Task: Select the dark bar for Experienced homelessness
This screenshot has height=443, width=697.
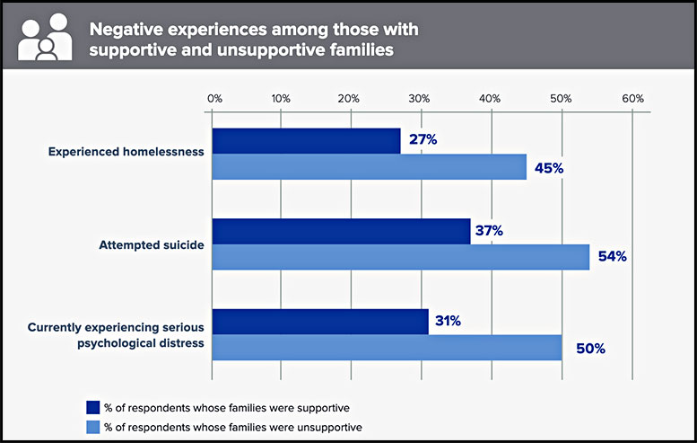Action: [x=306, y=141]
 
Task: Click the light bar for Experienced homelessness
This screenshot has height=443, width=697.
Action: [x=369, y=167]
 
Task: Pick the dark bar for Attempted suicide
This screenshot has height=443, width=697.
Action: [x=341, y=231]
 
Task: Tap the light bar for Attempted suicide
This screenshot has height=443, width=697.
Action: [x=400, y=257]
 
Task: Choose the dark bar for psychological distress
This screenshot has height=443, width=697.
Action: [x=320, y=321]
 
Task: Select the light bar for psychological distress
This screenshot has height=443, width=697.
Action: [x=387, y=348]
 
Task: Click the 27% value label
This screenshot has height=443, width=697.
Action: [x=423, y=140]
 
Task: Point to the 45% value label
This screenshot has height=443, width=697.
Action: [x=548, y=168]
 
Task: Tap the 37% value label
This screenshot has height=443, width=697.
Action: [x=489, y=231]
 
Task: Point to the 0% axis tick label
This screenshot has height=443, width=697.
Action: [x=213, y=97]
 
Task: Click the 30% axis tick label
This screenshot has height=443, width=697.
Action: [x=421, y=97]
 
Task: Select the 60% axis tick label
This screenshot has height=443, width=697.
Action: [x=632, y=97]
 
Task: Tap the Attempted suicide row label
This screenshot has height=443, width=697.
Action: [x=152, y=243]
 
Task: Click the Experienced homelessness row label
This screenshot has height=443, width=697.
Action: [x=126, y=152]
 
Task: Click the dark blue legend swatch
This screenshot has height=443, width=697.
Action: [x=92, y=405]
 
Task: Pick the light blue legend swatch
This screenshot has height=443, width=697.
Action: [x=92, y=427]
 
